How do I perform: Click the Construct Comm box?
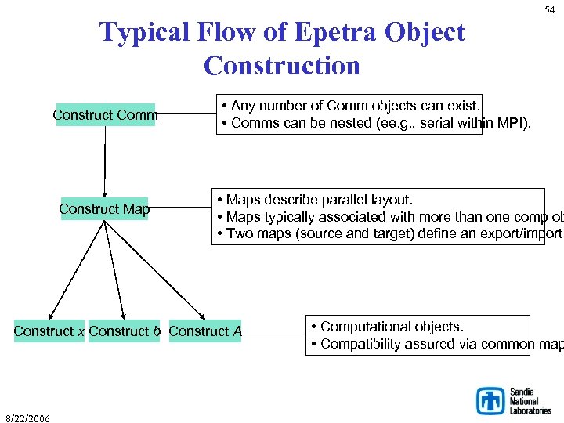pos(105,115)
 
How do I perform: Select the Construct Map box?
pos(104,209)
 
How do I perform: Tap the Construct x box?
pos(49,331)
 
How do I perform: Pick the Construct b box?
pos(125,331)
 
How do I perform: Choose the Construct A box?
pos(205,331)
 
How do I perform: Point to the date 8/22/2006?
pos(27,418)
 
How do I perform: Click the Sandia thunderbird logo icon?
pos(491,400)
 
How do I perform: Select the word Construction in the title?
pos(282,66)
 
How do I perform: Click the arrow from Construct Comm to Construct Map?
pos(105,161)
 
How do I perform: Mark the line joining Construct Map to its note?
pos(180,208)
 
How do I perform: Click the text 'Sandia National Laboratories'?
pos(530,401)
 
